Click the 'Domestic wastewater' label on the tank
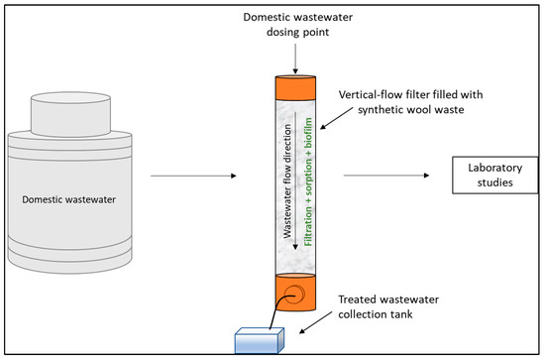68,199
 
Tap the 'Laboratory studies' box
494,175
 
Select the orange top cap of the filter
296,87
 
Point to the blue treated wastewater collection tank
260,340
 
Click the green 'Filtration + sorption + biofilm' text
308,181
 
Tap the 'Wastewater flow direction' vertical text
287,181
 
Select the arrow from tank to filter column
193,176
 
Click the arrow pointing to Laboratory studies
386,176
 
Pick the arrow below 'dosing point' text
295,59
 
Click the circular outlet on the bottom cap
294,295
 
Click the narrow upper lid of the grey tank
71,114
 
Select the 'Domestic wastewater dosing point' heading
298,25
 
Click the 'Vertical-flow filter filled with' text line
410,94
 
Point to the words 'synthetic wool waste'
411,110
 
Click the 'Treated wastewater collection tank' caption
388,306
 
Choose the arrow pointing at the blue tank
315,322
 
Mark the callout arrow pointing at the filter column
337,118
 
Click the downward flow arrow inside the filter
295,180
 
